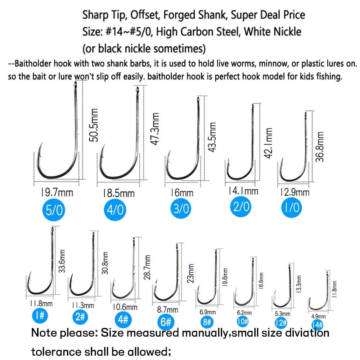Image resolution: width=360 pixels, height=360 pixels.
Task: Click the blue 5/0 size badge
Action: click(x=54, y=210)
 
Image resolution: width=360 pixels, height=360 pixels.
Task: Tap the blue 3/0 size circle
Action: click(x=181, y=208)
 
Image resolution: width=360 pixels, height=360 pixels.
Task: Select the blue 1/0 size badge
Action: click(x=292, y=207)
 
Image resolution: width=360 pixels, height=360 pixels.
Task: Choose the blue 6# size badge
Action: click(x=166, y=322)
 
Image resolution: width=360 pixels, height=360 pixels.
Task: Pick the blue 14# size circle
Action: click(x=318, y=325)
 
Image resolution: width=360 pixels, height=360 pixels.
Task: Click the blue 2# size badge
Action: click(x=80, y=317)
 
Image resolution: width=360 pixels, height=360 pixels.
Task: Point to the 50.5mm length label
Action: click(x=94, y=125)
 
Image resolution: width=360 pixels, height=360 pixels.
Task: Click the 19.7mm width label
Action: click(x=57, y=192)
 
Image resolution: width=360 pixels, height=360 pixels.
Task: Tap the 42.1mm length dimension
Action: click(x=269, y=143)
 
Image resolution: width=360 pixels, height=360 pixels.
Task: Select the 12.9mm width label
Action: click(x=295, y=192)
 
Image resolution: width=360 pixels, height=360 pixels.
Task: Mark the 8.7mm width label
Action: click(x=168, y=310)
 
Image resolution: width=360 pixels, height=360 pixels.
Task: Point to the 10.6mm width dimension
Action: click(x=125, y=307)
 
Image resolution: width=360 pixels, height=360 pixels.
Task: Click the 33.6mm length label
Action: click(x=62, y=261)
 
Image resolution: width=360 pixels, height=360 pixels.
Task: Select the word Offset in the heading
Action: click(x=145, y=15)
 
